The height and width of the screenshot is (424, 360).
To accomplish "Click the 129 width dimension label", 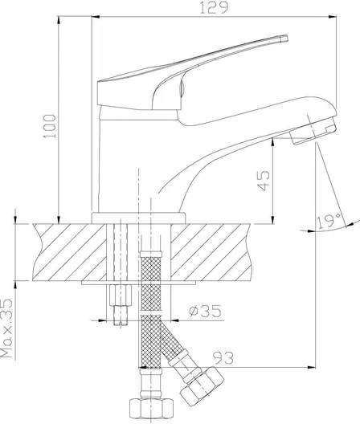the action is [x=214, y=7].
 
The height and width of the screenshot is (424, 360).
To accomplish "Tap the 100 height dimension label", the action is [x=50, y=126].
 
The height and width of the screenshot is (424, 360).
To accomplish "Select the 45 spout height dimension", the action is [x=263, y=181].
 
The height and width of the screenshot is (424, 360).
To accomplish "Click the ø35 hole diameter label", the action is [x=205, y=311].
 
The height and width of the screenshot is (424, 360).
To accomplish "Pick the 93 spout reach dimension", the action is [x=223, y=358].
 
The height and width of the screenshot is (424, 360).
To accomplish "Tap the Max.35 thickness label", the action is [x=6, y=328].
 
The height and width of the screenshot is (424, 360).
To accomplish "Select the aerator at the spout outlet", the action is [x=314, y=132].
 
